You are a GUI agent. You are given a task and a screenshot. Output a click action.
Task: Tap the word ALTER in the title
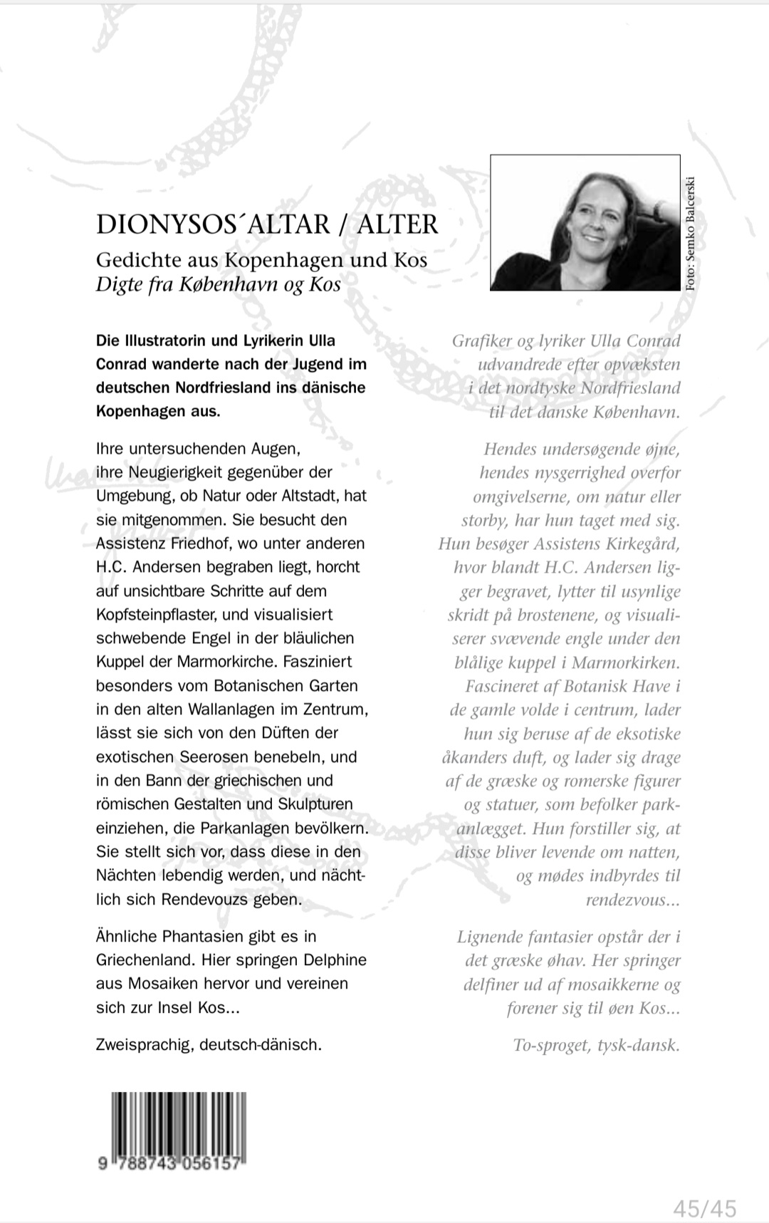point(397,224)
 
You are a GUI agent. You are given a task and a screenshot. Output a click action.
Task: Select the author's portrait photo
point(585,222)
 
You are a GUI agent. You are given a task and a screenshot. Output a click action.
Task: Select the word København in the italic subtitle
point(219,284)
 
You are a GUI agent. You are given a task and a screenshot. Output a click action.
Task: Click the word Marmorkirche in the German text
point(230,662)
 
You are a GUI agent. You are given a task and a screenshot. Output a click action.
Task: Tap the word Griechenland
point(145,960)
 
